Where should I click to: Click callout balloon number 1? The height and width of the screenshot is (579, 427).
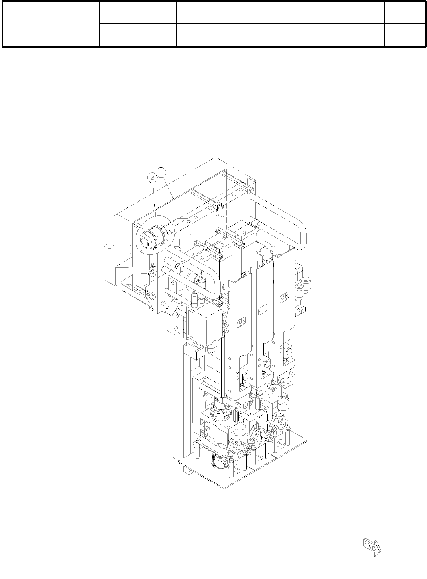coord(161,172)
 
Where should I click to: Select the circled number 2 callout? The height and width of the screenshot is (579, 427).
coord(152,178)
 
